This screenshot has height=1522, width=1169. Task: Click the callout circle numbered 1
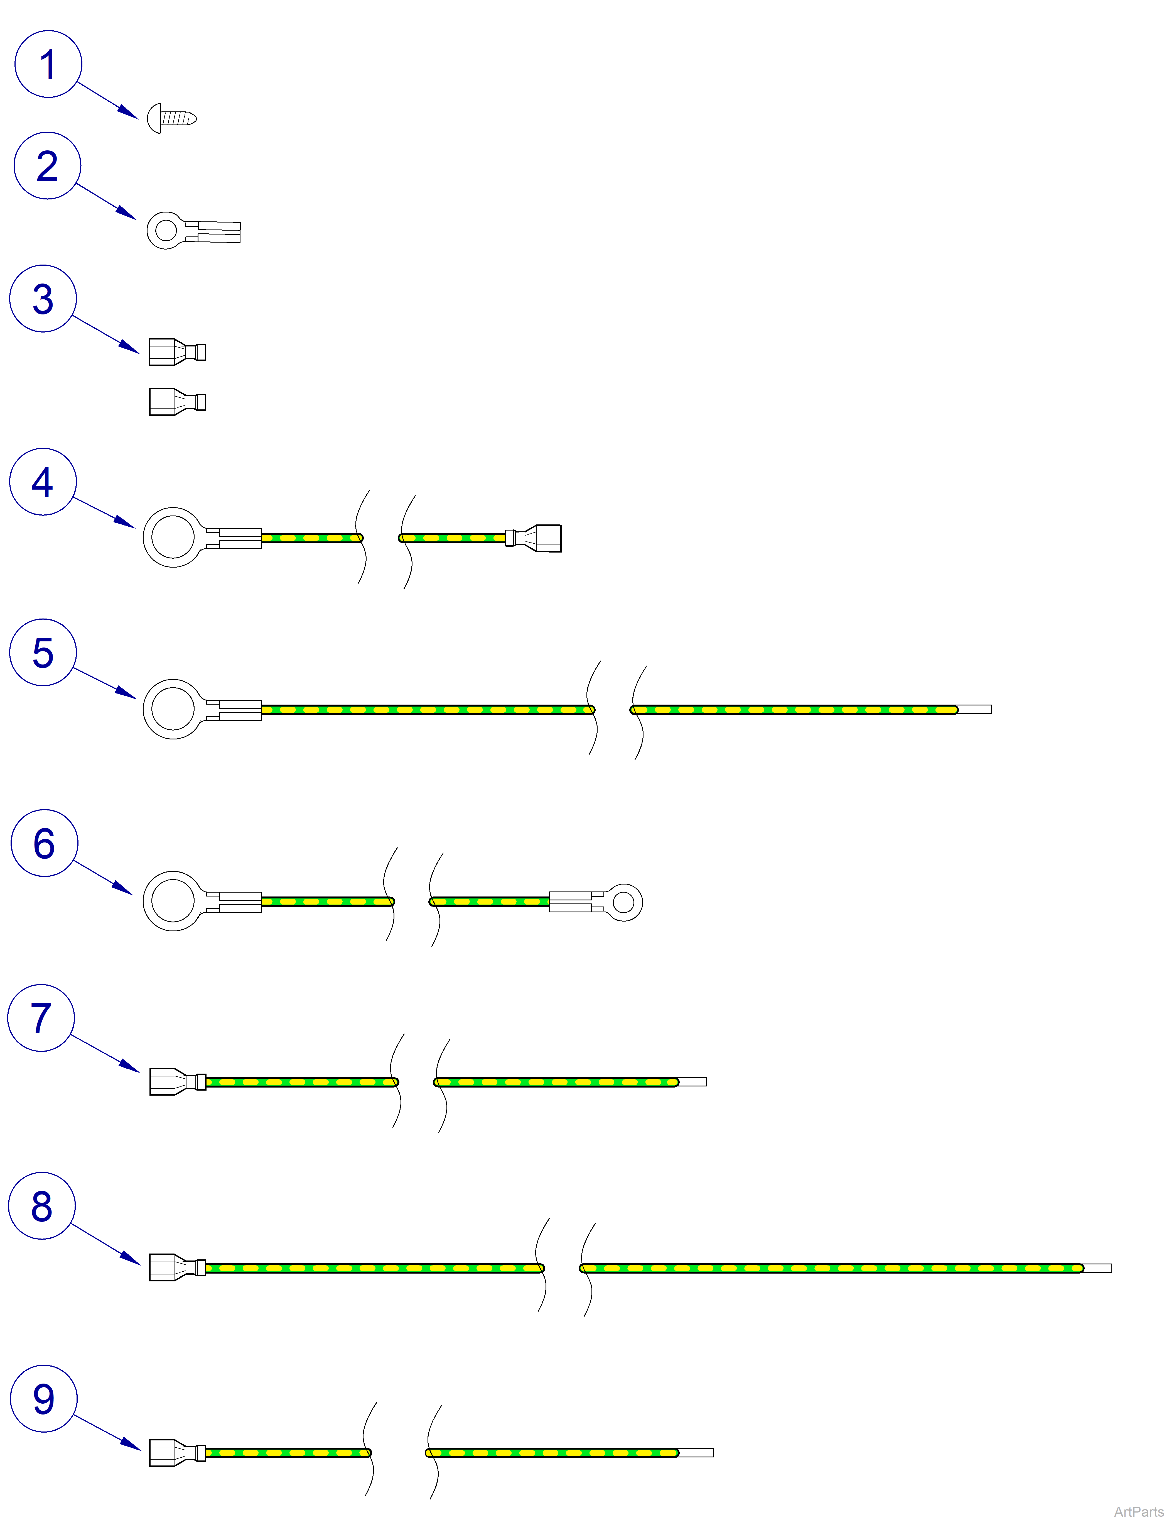coord(48,64)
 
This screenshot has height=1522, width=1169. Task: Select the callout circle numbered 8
coord(42,1206)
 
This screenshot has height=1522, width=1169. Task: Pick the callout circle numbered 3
coord(43,299)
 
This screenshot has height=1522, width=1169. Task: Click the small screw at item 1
coord(172,118)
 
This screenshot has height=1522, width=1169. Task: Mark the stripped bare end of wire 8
coord(1097,1268)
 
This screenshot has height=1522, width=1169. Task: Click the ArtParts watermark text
coord(1138,1512)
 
